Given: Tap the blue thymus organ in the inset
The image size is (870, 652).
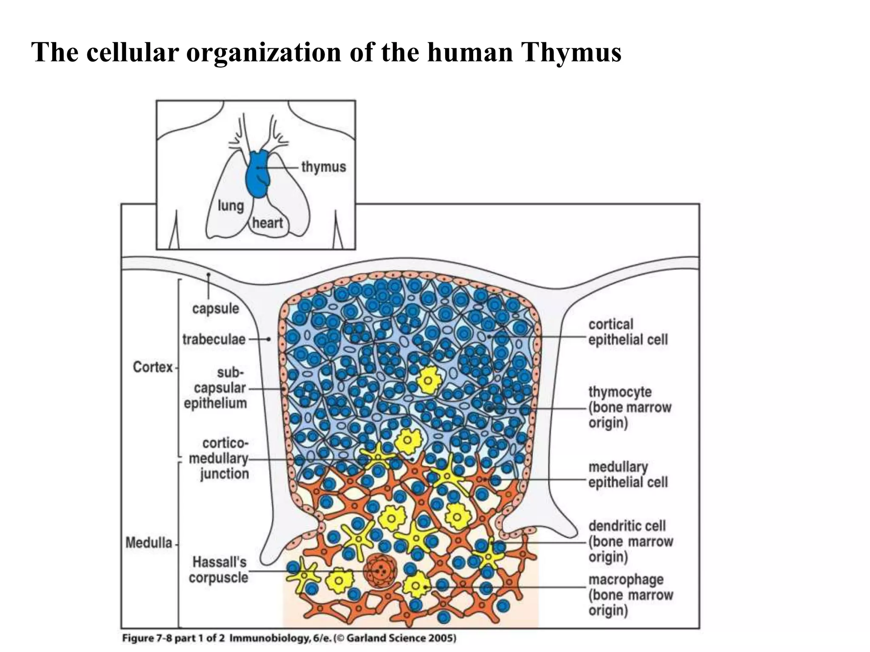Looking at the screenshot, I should (257, 175).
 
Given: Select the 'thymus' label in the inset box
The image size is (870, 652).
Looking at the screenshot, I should (324, 167).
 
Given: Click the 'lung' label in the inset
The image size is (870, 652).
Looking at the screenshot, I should (231, 206).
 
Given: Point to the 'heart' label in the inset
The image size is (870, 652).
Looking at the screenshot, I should (268, 223).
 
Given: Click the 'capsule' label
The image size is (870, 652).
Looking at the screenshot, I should (215, 309).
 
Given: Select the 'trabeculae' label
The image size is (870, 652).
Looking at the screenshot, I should (214, 340).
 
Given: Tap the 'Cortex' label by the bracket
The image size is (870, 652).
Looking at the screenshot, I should (153, 367).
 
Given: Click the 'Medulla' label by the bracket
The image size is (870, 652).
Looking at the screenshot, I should (149, 543).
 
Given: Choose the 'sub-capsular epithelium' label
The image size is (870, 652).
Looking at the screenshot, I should (216, 388).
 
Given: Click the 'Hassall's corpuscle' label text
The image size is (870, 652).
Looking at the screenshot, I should (219, 570).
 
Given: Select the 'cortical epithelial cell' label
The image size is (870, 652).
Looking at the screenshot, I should (627, 332).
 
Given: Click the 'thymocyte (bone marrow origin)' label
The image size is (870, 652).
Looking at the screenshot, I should (629, 407).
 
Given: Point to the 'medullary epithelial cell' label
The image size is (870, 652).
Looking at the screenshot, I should (627, 475).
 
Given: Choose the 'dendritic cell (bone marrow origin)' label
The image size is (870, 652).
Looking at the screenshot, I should (630, 541).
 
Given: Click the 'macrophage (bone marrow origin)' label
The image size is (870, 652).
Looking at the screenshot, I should (630, 595).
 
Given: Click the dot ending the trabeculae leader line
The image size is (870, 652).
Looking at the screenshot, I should (268, 340).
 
